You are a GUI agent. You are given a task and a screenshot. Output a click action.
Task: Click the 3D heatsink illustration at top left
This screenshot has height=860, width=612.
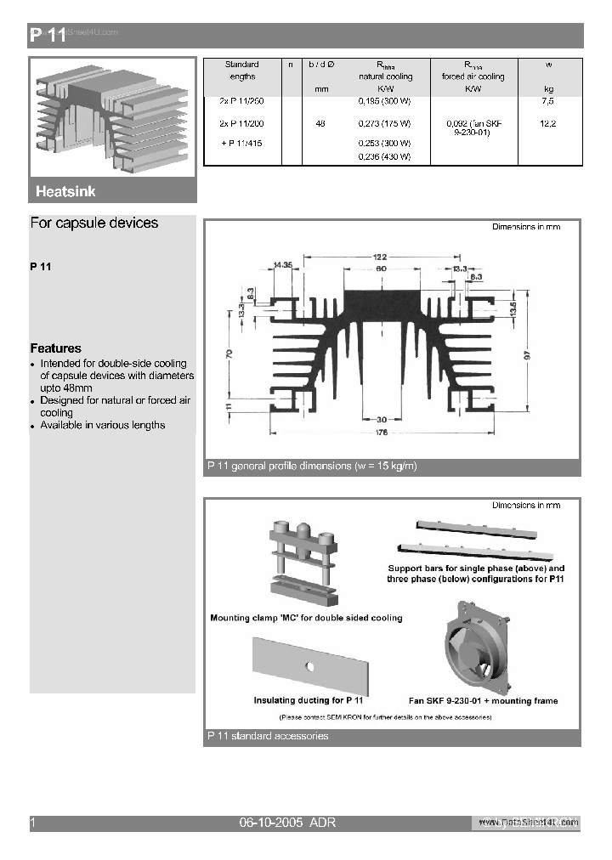112,116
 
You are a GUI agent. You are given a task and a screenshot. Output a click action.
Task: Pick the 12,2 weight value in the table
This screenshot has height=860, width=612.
547,124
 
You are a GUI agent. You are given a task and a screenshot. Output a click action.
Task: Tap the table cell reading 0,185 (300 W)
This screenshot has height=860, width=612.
384,101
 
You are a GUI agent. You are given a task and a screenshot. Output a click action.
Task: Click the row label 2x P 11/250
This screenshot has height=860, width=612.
241,101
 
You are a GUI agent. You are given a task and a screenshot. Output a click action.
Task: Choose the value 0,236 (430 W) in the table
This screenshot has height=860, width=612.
384,156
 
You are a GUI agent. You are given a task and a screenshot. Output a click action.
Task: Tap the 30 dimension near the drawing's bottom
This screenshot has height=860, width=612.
382,418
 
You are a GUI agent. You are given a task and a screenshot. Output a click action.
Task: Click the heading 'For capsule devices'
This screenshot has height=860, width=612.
93,223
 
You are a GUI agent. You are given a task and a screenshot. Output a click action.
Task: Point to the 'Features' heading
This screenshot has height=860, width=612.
56,348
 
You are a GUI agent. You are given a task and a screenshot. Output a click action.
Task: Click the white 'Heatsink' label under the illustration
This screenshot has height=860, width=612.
65,192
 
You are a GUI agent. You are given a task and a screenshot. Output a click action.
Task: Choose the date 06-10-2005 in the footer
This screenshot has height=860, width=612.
270,823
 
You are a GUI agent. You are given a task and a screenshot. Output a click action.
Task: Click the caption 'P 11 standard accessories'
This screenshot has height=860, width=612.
268,736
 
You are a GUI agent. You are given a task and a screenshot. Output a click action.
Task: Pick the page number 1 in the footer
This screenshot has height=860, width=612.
33,823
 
